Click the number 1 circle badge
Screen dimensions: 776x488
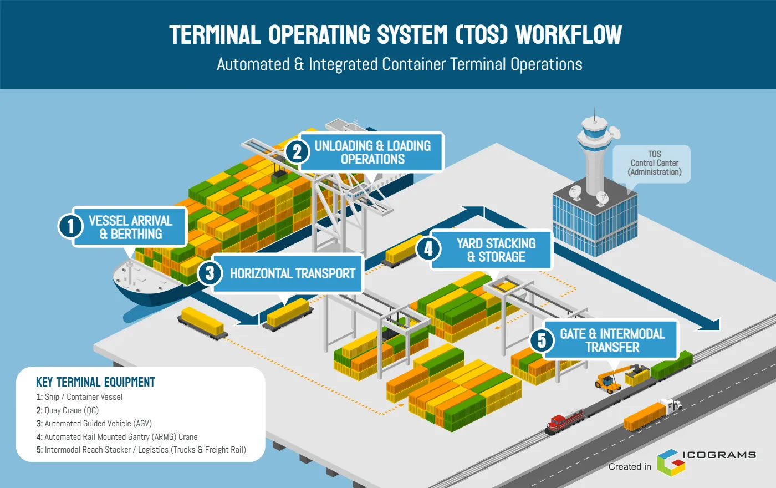click(x=71, y=226)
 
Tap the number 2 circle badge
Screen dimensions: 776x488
click(x=297, y=152)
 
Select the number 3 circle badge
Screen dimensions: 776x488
click(x=210, y=273)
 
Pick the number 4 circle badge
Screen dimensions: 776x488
click(x=428, y=249)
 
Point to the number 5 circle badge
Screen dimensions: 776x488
click(x=542, y=340)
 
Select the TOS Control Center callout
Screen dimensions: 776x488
click(x=652, y=164)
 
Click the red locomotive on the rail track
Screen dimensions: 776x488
click(x=565, y=421)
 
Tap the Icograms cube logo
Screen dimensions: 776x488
click(x=672, y=462)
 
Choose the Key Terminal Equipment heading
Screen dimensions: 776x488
click(x=95, y=382)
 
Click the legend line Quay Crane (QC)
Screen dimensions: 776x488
click(x=68, y=410)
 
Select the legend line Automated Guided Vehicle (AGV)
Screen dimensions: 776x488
click(x=94, y=424)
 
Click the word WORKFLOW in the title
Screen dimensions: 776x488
click(x=569, y=34)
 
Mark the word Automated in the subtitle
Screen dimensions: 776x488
click(x=253, y=64)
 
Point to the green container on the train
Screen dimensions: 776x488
click(x=671, y=365)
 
